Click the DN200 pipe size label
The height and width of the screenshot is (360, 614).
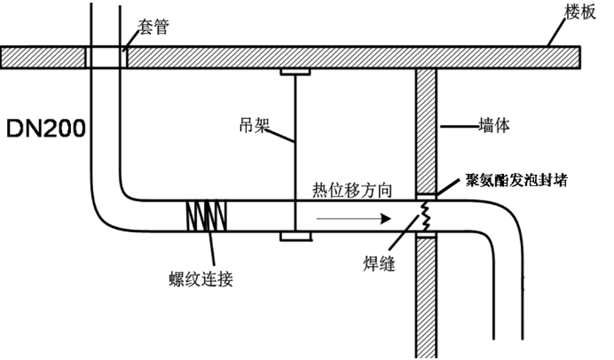[x=46, y=128]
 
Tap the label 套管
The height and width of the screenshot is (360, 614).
[x=153, y=27]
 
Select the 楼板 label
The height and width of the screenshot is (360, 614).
[x=580, y=12]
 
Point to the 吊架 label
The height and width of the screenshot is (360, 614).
[x=255, y=125]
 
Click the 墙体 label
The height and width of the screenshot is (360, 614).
[x=494, y=126]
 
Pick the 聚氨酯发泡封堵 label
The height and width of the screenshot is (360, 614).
[x=516, y=180]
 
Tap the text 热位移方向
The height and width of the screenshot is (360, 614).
[x=352, y=190]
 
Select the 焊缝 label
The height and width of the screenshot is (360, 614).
[x=379, y=263]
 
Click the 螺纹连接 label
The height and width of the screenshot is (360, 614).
[x=201, y=279]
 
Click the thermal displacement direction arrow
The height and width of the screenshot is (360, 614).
[x=354, y=218]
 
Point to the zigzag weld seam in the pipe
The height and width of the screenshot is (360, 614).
[x=425, y=216]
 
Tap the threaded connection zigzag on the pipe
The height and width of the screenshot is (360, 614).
[x=207, y=216]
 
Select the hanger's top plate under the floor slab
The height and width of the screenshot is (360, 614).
[x=295, y=72]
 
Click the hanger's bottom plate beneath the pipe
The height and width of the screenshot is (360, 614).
[x=295, y=237]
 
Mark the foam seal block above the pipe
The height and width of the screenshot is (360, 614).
[x=426, y=197]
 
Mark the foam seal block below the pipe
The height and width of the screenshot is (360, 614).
[x=426, y=235]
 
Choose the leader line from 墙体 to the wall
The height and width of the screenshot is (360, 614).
[x=460, y=127]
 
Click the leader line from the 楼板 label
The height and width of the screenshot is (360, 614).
[x=557, y=33]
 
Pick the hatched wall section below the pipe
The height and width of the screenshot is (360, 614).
[x=426, y=298]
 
